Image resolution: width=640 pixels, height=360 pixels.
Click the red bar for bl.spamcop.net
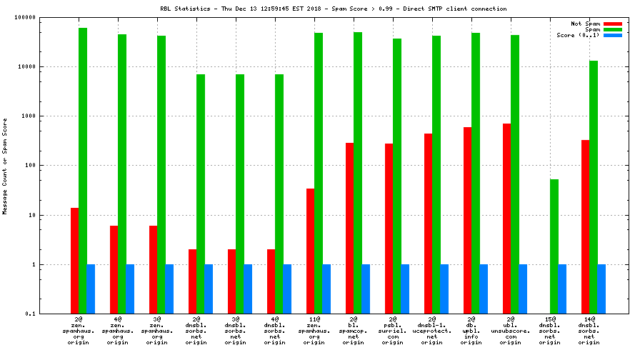(349, 228)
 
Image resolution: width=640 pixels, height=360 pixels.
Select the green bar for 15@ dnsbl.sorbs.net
(554, 246)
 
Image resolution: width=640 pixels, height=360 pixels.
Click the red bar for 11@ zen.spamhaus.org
(310, 251)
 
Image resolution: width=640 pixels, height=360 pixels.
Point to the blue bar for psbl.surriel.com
(405, 289)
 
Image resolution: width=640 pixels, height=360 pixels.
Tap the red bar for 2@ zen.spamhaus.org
(74, 261)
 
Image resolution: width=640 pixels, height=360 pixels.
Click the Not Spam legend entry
(585, 24)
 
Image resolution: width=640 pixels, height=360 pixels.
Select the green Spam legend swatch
(612, 29)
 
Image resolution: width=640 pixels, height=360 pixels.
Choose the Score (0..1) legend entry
(578, 35)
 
